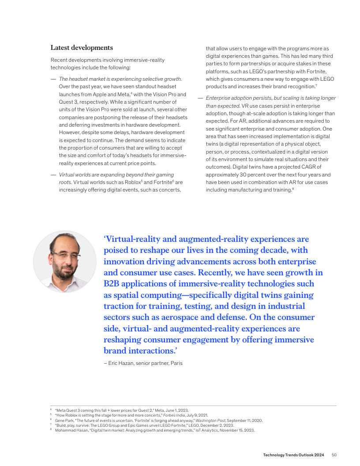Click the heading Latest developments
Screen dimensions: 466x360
[82, 48]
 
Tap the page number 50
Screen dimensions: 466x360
[334, 455]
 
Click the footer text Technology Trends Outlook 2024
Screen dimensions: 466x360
[293, 455]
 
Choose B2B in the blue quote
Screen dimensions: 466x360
[113, 284]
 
